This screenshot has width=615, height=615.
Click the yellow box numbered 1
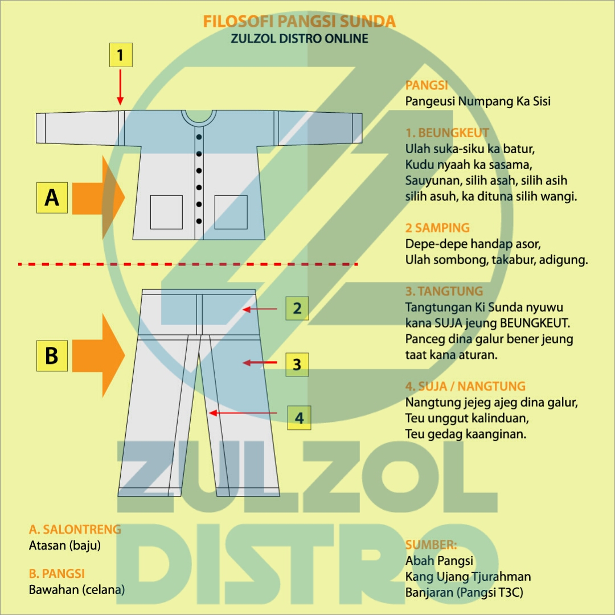click(121, 56)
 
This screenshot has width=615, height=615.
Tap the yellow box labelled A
click(52, 198)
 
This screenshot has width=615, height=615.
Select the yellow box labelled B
click(52, 355)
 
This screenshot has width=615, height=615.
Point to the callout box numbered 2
click(297, 309)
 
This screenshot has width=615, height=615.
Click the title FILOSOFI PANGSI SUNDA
click(299, 22)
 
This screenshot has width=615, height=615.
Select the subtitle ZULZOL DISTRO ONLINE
click(299, 39)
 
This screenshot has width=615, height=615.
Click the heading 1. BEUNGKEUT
click(447, 133)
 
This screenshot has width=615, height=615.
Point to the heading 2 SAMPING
click(437, 228)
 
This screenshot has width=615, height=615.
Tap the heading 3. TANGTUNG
click(444, 292)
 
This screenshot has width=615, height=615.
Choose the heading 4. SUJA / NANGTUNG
click(465, 386)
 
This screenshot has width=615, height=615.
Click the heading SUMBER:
click(431, 545)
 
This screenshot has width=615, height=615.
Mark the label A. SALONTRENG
click(75, 530)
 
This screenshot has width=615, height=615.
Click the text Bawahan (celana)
click(77, 590)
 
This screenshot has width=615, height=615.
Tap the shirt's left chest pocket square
click(166, 212)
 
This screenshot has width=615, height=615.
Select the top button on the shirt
click(199, 137)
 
